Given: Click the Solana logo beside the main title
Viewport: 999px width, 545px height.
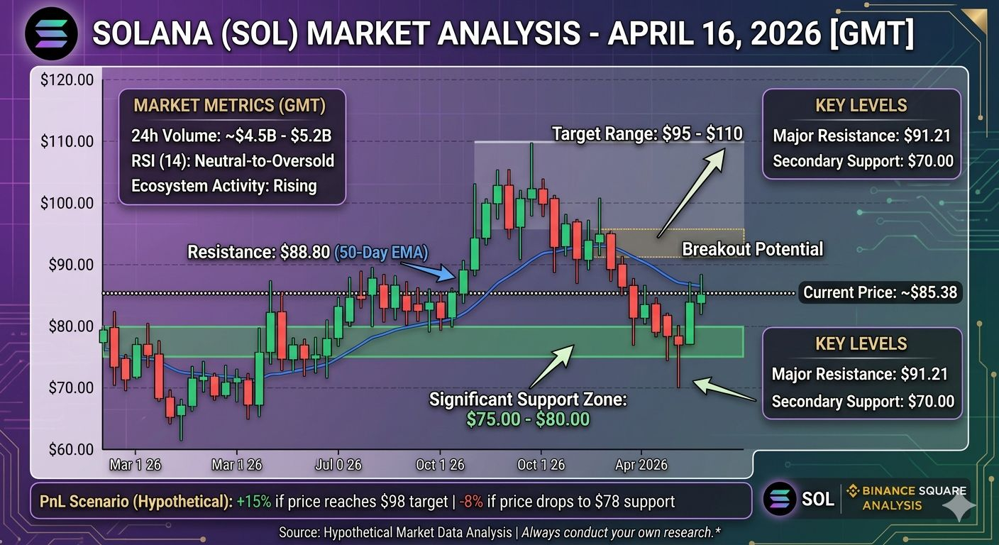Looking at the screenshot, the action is [51, 34].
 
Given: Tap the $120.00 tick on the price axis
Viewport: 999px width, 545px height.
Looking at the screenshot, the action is [67, 79].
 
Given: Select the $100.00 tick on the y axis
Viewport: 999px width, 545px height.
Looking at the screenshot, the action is [67, 203].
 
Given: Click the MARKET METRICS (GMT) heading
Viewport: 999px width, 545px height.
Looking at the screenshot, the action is [230, 105].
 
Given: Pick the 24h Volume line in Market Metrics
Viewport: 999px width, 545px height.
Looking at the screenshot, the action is [231, 135].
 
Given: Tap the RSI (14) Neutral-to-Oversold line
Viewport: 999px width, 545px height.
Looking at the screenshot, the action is [232, 160].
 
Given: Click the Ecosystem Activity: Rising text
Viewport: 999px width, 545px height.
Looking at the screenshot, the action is [224, 185].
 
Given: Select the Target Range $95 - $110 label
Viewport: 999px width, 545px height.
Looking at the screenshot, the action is [647, 133].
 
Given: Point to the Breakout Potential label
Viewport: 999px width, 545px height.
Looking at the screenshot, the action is [752, 249].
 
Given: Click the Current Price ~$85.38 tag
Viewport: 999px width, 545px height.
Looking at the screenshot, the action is [880, 292].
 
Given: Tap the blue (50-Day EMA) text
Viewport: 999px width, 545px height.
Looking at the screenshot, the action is [381, 252].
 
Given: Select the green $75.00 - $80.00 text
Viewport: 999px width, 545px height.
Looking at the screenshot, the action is [528, 419].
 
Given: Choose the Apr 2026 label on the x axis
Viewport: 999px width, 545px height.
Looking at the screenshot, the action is [641, 465].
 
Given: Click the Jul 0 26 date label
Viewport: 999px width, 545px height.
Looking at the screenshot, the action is [338, 465].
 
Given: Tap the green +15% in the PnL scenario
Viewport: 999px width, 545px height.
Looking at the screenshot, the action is [253, 501].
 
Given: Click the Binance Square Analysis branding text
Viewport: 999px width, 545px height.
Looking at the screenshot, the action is [910, 497].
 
